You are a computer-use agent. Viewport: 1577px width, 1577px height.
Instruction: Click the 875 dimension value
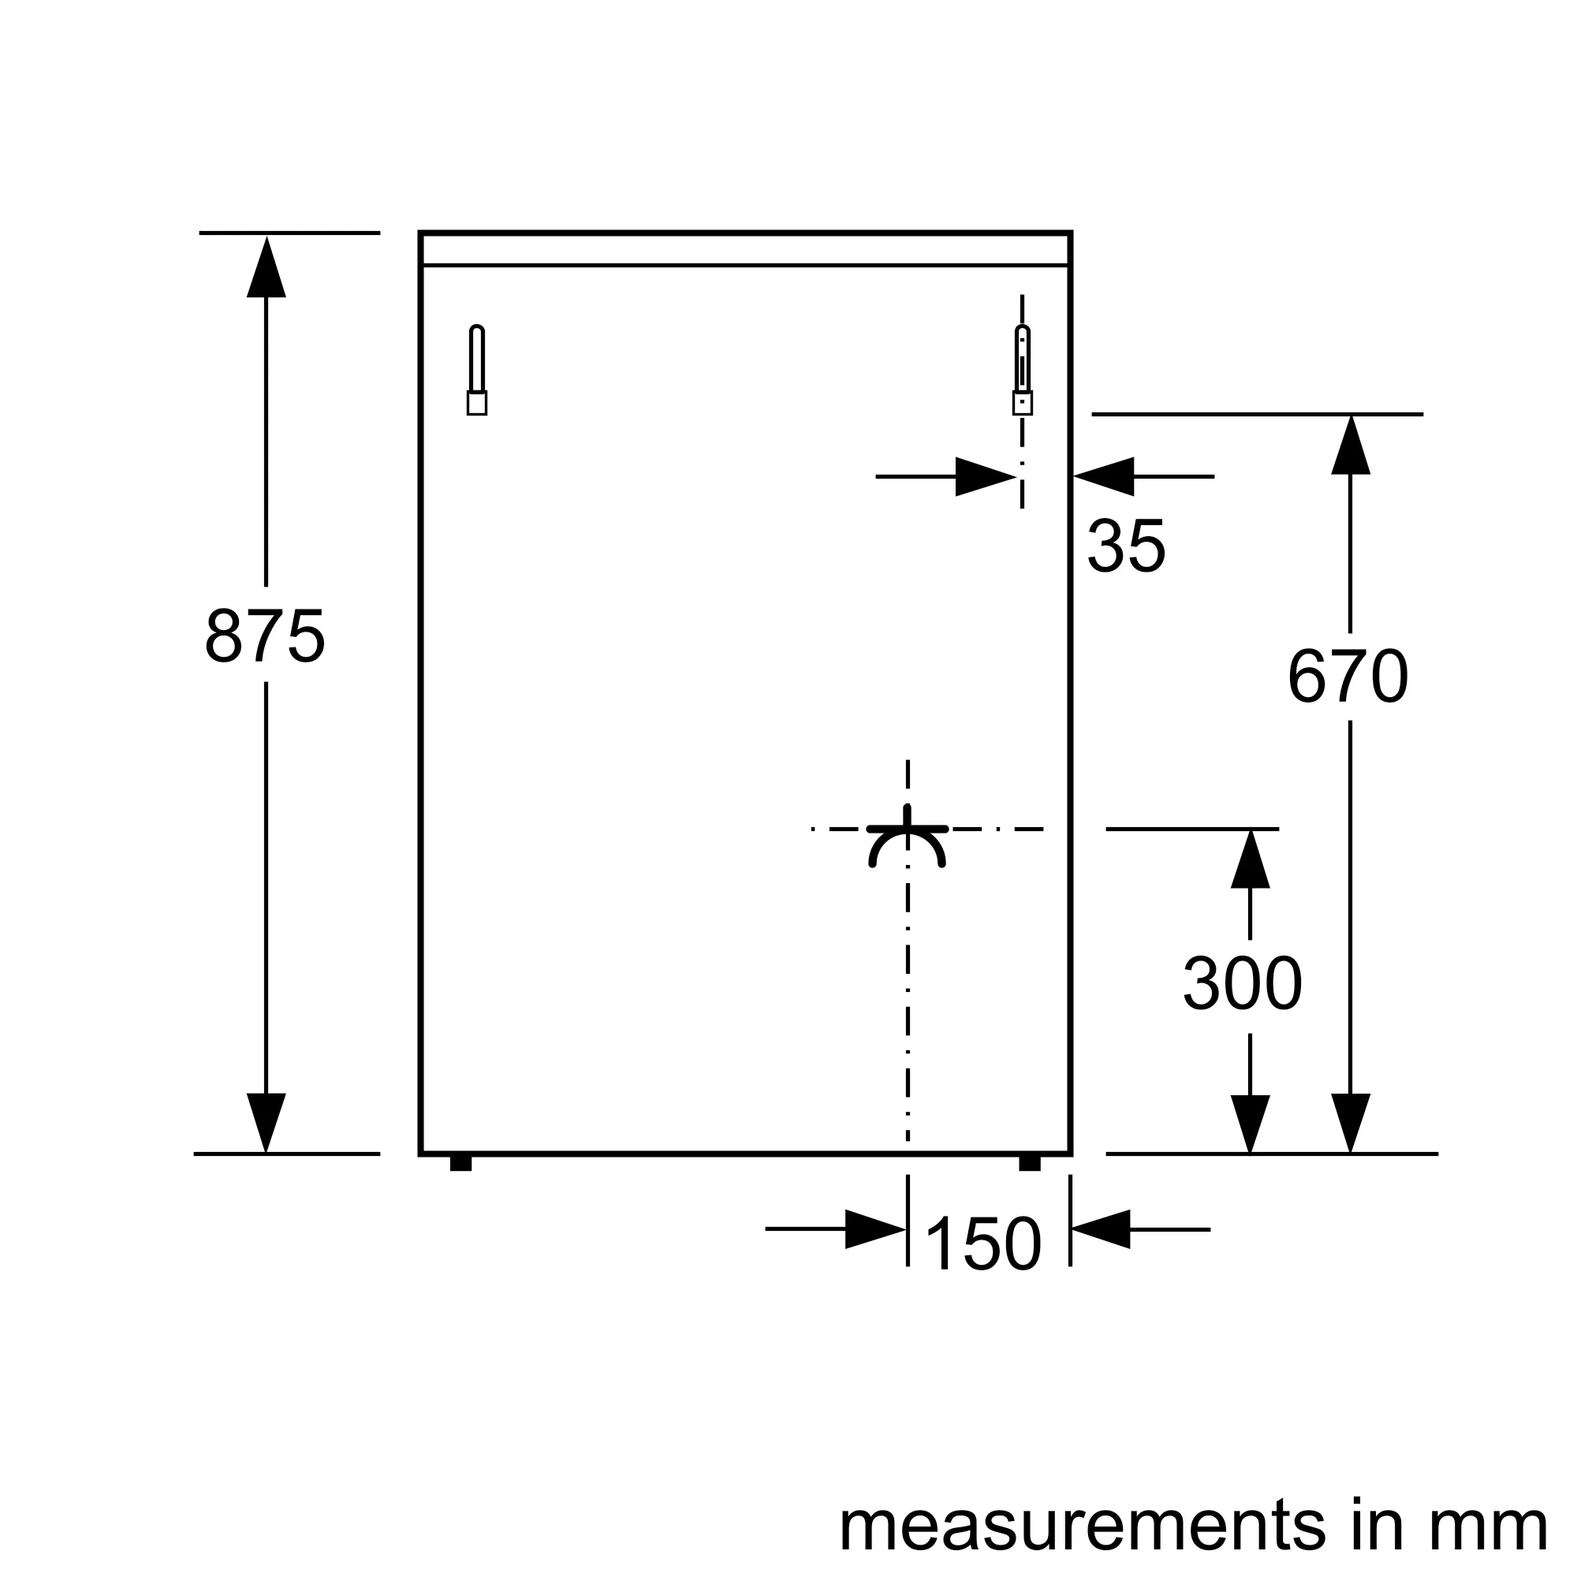[x=265, y=635]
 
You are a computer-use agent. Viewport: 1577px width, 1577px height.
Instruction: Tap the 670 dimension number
[x=1348, y=675]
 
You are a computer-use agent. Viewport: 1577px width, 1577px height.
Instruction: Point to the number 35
[x=1127, y=546]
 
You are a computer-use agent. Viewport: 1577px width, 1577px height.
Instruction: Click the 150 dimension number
[x=984, y=1243]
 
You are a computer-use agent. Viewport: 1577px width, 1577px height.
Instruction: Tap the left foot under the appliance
[x=461, y=1163]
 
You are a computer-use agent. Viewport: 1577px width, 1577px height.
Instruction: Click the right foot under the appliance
[x=1030, y=1163]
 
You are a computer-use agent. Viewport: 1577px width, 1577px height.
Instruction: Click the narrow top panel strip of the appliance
[x=745, y=249]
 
